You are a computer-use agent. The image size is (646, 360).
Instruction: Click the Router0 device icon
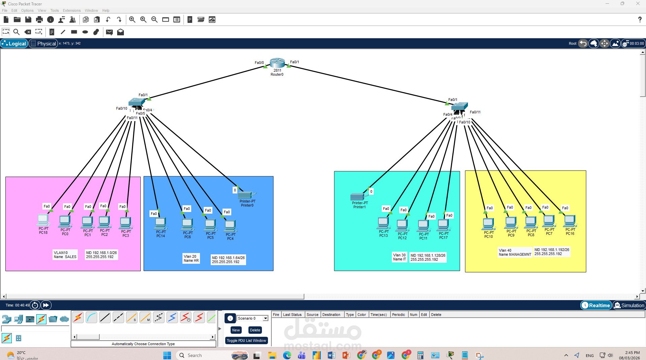point(277,63)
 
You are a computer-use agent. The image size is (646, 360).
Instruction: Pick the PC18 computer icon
point(43,220)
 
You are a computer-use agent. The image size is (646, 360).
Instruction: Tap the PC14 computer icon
point(161,223)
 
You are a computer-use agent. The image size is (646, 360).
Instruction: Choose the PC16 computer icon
point(570,221)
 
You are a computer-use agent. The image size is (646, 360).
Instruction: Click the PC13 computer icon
point(383,223)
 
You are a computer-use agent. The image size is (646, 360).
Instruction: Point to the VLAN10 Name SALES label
point(65,255)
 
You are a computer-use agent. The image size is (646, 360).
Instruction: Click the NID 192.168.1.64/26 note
point(228,260)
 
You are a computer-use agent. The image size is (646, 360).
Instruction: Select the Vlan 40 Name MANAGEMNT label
point(515,252)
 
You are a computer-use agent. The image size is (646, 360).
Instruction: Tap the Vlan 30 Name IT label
point(399,257)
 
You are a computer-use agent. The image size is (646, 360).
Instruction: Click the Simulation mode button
point(629,305)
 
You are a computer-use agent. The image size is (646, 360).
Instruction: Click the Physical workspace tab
point(43,43)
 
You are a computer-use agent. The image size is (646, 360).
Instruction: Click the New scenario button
point(236,330)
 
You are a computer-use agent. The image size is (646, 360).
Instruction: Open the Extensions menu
point(71,10)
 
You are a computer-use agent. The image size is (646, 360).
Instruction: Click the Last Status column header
point(292,315)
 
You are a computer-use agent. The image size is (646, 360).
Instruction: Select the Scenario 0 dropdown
point(252,318)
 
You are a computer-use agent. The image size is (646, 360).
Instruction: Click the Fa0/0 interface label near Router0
point(259,63)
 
